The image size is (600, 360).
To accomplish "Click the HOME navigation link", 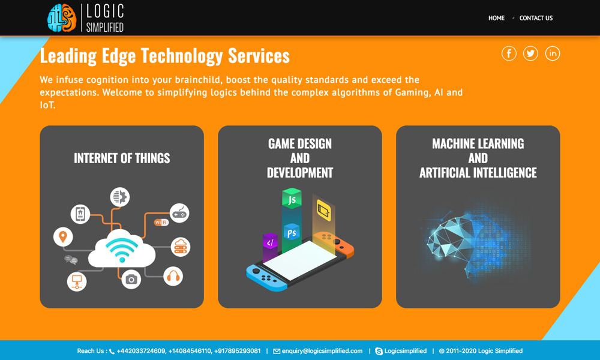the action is tap(496, 18).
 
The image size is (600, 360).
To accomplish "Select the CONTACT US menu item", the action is tap(536, 18).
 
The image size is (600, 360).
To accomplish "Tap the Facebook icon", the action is tap(509, 53).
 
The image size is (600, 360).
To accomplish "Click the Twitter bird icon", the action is tap(530, 53).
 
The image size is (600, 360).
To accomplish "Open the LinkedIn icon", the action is tap(553, 53).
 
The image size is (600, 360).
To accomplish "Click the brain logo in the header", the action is tap(62, 17).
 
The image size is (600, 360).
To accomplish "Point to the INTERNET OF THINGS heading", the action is tap(122, 158).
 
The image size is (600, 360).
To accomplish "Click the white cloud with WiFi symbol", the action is tap(122, 248).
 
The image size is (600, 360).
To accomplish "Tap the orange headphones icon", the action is tap(173, 276).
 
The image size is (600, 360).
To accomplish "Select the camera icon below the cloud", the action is tap(131, 279).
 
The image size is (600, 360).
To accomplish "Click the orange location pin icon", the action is tap(63, 237).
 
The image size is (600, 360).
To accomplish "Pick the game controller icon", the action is tap(179, 213).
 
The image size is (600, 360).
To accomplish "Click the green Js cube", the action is tap(292, 198).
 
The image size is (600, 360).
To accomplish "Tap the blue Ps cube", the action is tap(292, 232).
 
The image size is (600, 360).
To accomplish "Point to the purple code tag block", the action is tap(270, 242).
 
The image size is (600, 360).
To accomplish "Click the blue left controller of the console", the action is tap(265, 277).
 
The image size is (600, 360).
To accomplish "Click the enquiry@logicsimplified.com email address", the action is tap(322, 351).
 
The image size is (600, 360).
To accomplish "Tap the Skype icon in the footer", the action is tap(379, 351).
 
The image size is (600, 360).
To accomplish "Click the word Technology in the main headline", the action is tap(182, 56).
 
